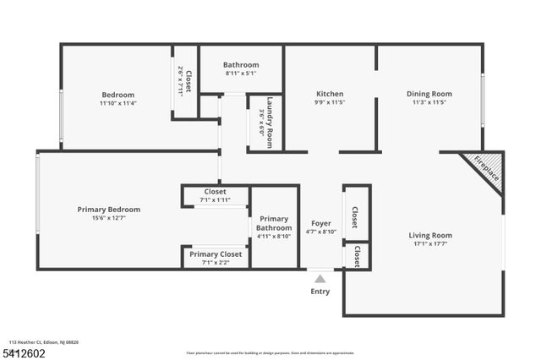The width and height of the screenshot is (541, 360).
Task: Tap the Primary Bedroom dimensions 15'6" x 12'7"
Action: (x=109, y=218)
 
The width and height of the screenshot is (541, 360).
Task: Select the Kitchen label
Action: (x=330, y=94)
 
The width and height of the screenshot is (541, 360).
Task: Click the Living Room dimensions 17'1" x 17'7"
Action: (x=430, y=245)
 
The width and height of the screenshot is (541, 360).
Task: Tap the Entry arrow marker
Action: (x=320, y=278)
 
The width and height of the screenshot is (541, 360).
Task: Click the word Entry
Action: (x=320, y=292)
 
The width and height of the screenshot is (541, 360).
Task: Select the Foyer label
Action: (x=321, y=223)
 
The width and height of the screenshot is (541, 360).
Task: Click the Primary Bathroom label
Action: (x=274, y=222)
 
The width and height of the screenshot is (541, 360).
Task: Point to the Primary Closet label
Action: (x=216, y=254)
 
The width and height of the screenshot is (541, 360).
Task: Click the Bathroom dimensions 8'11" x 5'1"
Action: (x=241, y=74)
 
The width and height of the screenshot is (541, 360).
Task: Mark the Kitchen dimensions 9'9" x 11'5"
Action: (x=330, y=102)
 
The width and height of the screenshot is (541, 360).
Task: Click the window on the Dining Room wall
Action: (x=483, y=100)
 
